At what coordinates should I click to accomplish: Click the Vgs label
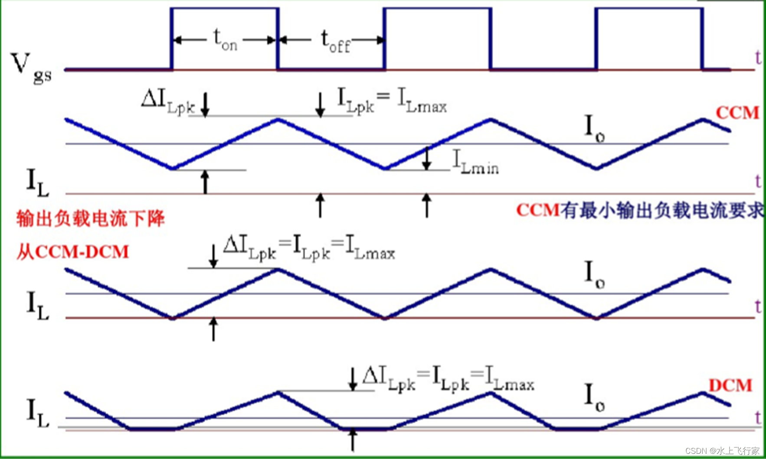[x=30, y=68]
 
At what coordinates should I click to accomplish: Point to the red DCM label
[x=730, y=385]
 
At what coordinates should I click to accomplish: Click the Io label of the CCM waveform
[x=594, y=127]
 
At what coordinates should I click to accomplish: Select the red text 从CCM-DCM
[x=73, y=252]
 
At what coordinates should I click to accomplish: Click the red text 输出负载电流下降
[x=91, y=218]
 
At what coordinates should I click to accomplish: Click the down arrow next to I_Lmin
[x=427, y=159]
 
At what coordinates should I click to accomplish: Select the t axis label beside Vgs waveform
[x=758, y=58]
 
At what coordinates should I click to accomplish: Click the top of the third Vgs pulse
[x=649, y=8]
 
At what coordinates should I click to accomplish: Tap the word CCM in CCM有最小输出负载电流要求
[x=537, y=211]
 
